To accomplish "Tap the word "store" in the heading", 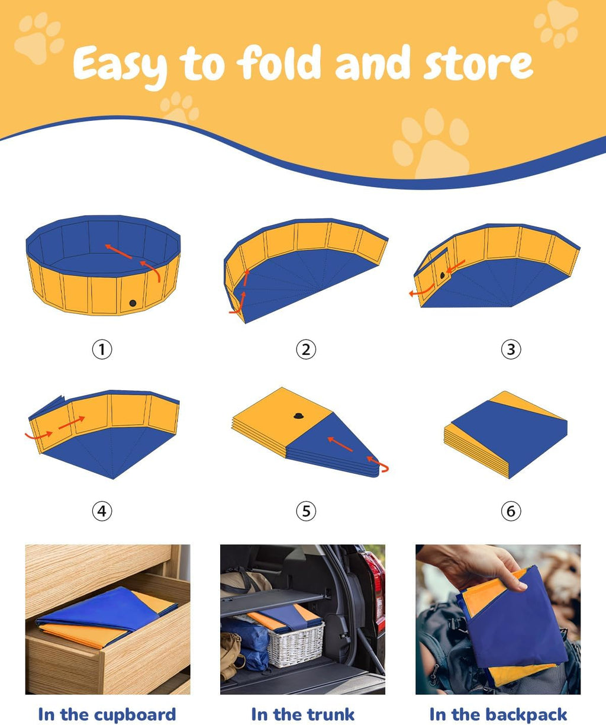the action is click(x=478, y=65).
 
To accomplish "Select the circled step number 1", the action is click(x=102, y=349).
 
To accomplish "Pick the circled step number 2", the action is click(x=306, y=349).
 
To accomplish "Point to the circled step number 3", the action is click(x=511, y=349).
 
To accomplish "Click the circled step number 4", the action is click(x=102, y=511).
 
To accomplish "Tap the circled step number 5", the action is click(x=306, y=511).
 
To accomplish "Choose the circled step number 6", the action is click(x=511, y=511).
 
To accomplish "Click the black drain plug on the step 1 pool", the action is click(x=133, y=303).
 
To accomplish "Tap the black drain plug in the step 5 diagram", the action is click(x=298, y=415).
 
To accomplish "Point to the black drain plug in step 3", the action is click(x=442, y=275).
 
